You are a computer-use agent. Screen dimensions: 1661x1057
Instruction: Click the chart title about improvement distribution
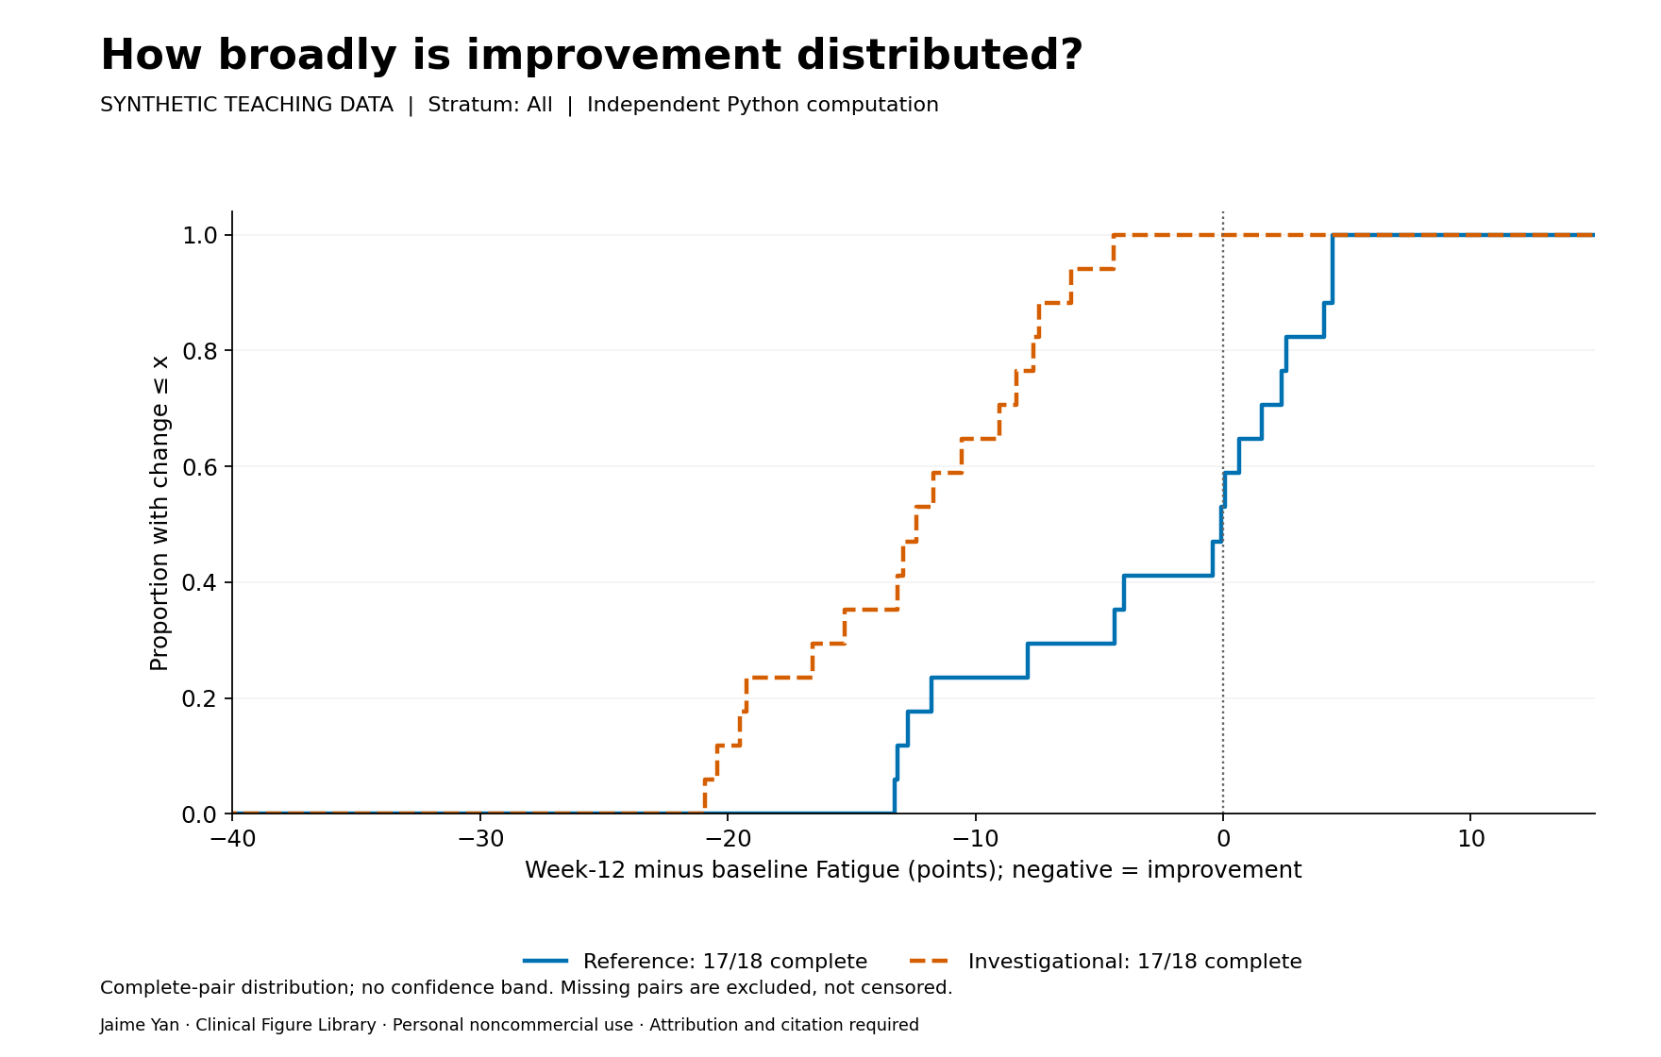point(592,56)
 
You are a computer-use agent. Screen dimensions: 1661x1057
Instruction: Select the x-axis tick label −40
point(232,839)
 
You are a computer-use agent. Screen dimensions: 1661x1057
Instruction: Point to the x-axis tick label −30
point(480,839)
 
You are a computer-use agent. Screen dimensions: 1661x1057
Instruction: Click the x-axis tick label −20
point(728,839)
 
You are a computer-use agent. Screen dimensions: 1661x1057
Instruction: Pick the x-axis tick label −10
point(975,839)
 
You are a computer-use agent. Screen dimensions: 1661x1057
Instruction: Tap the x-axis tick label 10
point(1470,839)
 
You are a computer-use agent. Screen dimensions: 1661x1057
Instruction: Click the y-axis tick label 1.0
point(200,235)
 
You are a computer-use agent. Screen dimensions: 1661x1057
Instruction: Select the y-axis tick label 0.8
point(200,351)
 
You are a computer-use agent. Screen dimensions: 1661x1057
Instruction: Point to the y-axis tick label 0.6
point(200,467)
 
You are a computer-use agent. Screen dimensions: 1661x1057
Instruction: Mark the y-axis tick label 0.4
point(200,582)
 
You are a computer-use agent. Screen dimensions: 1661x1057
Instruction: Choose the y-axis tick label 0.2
point(200,698)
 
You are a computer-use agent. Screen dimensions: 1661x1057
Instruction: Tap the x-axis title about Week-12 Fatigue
point(913,870)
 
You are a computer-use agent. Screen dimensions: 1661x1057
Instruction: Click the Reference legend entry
point(696,962)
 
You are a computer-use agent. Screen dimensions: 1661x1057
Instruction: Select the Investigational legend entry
point(1106,962)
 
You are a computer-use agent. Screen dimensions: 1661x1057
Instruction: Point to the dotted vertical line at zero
point(1223,512)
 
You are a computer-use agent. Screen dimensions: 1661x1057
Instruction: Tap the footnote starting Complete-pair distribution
point(527,988)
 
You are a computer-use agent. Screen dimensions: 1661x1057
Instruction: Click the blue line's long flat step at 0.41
point(1168,576)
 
